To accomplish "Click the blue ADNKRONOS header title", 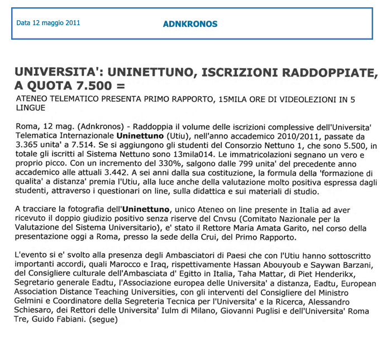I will coord(190,24).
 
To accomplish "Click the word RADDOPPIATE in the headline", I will coord(327,72).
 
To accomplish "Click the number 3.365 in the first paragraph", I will coord(27,145).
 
